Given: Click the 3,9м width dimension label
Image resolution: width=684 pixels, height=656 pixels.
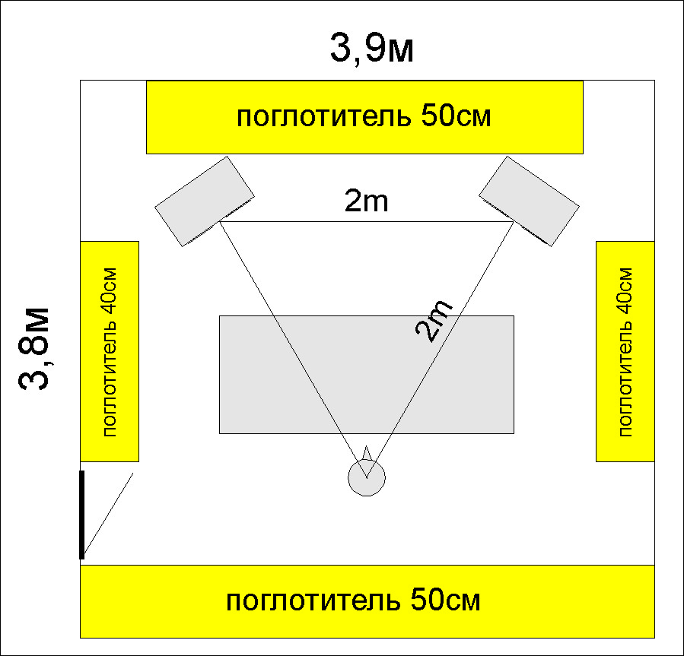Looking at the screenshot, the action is point(371,49).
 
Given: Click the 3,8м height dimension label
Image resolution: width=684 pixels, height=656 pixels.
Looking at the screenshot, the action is point(34,349).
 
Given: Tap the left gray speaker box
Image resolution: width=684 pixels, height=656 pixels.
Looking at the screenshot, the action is point(205,201).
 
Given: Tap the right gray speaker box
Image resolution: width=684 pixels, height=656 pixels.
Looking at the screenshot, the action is point(529,201).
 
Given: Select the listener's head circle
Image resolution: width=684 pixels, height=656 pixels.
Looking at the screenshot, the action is point(367,477).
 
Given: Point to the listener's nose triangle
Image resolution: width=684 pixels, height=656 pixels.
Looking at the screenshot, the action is point(367,452).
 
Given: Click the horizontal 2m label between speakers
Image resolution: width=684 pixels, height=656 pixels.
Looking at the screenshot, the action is point(366,201).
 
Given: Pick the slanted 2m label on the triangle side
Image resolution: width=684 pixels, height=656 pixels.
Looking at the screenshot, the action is point(434,320).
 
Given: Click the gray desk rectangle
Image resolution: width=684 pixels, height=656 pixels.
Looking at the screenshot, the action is point(367,375).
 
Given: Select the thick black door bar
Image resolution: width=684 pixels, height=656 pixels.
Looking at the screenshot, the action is point(81,515).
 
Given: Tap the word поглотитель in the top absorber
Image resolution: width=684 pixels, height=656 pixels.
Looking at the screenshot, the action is point(323,116).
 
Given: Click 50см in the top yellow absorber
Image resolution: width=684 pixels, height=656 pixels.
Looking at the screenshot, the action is point(457,116).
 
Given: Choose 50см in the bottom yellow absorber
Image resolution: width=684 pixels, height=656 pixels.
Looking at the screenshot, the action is point(446,601).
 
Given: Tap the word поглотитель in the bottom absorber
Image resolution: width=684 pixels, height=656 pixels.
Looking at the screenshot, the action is point(313,601).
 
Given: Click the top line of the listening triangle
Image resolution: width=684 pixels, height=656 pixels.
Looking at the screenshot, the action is point(367,221).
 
